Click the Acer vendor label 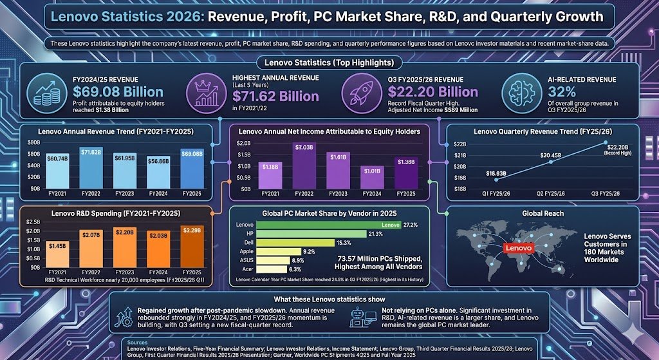coord(246,269)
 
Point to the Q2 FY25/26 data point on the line coord(551,161)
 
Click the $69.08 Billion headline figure coord(117,91)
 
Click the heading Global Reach coord(543,213)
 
